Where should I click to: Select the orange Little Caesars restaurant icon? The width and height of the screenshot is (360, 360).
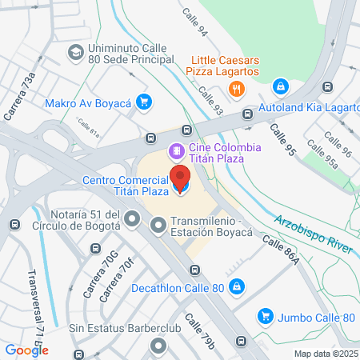tap(236, 90)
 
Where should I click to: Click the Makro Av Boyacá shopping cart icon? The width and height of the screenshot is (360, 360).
tap(143, 102)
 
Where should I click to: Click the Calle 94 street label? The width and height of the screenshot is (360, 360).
tap(194, 22)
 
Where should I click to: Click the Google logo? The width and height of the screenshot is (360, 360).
tap(26, 350)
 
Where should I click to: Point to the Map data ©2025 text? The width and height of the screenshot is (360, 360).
tap(324, 353)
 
